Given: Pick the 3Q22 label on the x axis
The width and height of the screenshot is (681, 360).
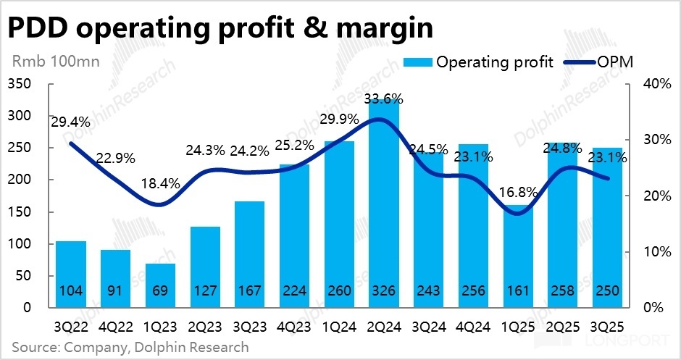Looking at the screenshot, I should pyautogui.click(x=70, y=326).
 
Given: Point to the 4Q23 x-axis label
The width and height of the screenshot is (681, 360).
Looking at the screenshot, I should pyautogui.click(x=293, y=326).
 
